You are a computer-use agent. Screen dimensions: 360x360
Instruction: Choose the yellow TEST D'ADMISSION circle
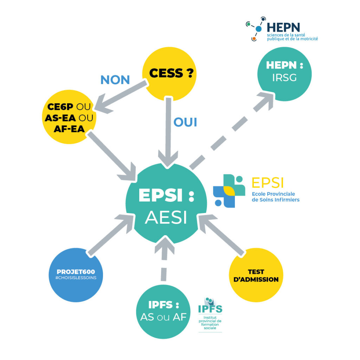pyautogui.click(x=256, y=275)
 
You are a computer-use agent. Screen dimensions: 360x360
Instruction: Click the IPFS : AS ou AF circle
pyautogui.click(x=163, y=312)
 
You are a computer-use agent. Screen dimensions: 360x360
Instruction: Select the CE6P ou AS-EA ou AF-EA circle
pyautogui.click(x=69, y=117)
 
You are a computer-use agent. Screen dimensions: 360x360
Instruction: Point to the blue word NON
pyautogui.click(x=115, y=80)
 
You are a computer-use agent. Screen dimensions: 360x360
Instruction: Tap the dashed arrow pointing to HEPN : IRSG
pyautogui.click(x=232, y=130)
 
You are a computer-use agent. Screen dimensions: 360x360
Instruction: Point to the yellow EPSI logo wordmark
pyautogui.click(x=268, y=182)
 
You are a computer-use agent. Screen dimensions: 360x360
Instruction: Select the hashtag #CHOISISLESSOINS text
pyautogui.click(x=76, y=277)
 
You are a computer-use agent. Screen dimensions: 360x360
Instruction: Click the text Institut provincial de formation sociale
pyautogui.click(x=210, y=322)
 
